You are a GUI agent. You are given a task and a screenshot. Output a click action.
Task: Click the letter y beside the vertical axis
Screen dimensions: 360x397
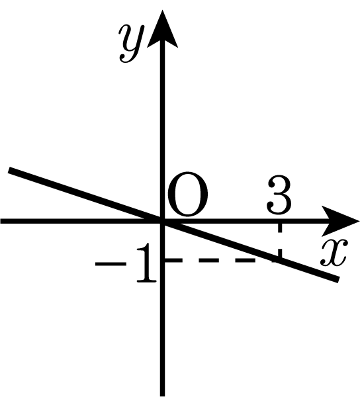[132, 43]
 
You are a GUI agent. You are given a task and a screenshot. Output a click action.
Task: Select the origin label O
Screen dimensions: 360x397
[187, 195]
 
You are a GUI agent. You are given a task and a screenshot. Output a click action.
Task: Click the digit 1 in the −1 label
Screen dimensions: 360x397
[146, 263]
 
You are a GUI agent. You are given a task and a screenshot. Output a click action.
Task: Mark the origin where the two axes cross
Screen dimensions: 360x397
[162, 221]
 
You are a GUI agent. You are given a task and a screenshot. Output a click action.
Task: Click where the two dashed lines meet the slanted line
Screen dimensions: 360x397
[279, 260]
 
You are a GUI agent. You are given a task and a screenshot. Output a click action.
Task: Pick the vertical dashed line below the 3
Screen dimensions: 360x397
[279, 241]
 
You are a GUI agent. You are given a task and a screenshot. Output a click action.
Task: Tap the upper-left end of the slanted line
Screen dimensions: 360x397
[9, 170]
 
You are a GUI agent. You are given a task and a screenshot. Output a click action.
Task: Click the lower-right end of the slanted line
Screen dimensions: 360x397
[338, 279]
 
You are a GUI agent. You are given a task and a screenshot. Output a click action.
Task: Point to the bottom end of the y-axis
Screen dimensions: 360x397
[162, 395]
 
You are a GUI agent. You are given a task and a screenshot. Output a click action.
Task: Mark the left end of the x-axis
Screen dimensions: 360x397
[1, 221]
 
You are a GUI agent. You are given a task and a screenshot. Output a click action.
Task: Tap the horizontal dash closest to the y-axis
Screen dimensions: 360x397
[173, 260]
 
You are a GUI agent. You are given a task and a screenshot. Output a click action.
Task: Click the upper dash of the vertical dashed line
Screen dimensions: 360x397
[279, 228]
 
